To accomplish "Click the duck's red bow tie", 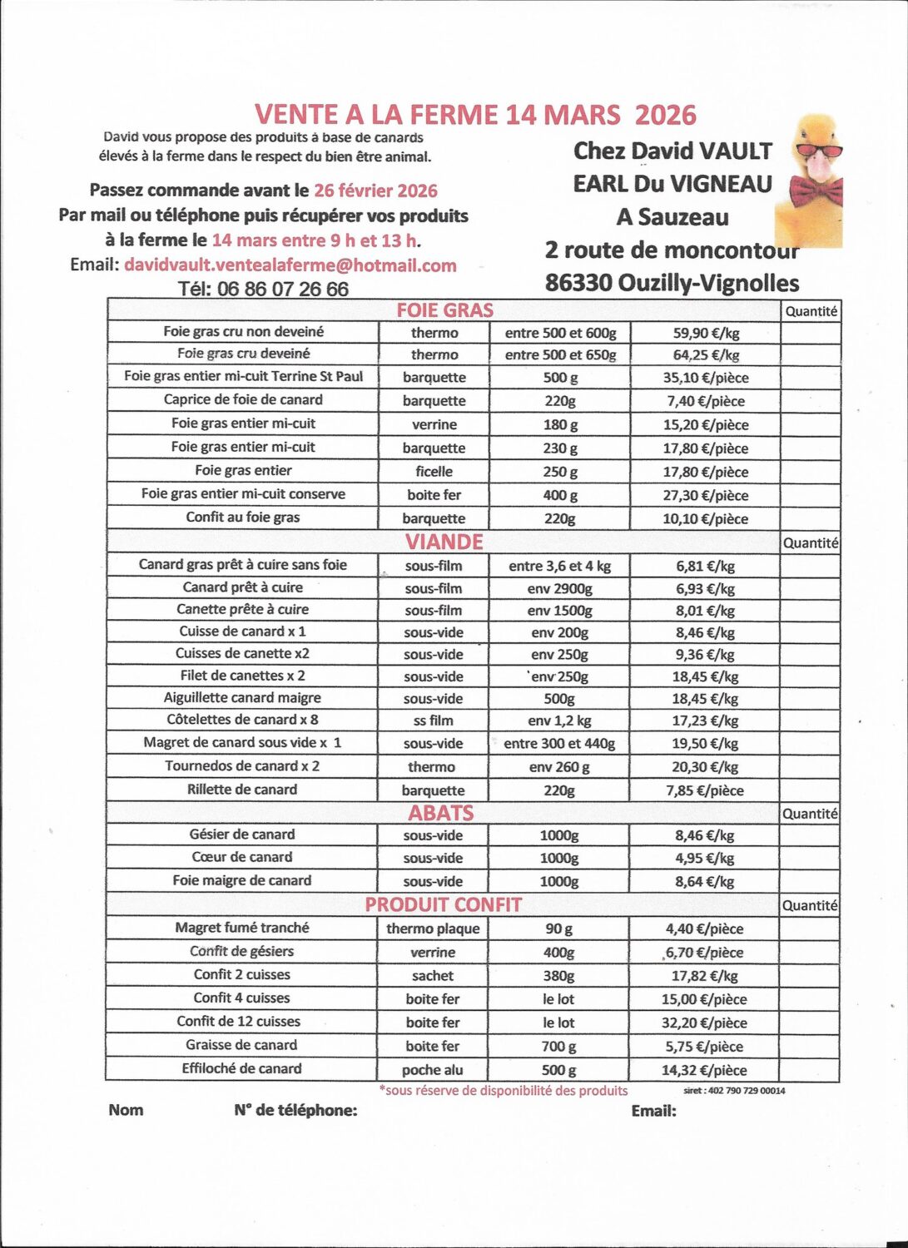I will [x=816, y=192].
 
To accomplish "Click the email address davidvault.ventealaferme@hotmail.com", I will [x=290, y=265].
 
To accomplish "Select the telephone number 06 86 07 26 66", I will [x=282, y=290].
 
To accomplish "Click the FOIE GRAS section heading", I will [x=444, y=310].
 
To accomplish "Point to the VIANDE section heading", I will [x=444, y=542].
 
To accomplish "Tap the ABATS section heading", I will [x=440, y=813].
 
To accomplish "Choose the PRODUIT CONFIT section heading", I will [x=443, y=905].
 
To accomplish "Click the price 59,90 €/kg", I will [x=706, y=333].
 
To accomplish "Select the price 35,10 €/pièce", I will [x=706, y=378].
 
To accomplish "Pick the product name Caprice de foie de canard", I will [x=243, y=399].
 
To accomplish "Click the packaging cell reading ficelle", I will [x=434, y=471].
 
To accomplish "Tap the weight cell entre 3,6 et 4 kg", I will [x=559, y=566].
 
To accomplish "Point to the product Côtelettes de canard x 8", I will [x=242, y=720].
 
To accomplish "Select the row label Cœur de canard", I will [x=242, y=857].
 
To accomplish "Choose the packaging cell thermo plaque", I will [x=433, y=929].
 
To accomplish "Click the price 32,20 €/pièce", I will [x=704, y=1023].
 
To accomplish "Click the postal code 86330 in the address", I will [x=578, y=284].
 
